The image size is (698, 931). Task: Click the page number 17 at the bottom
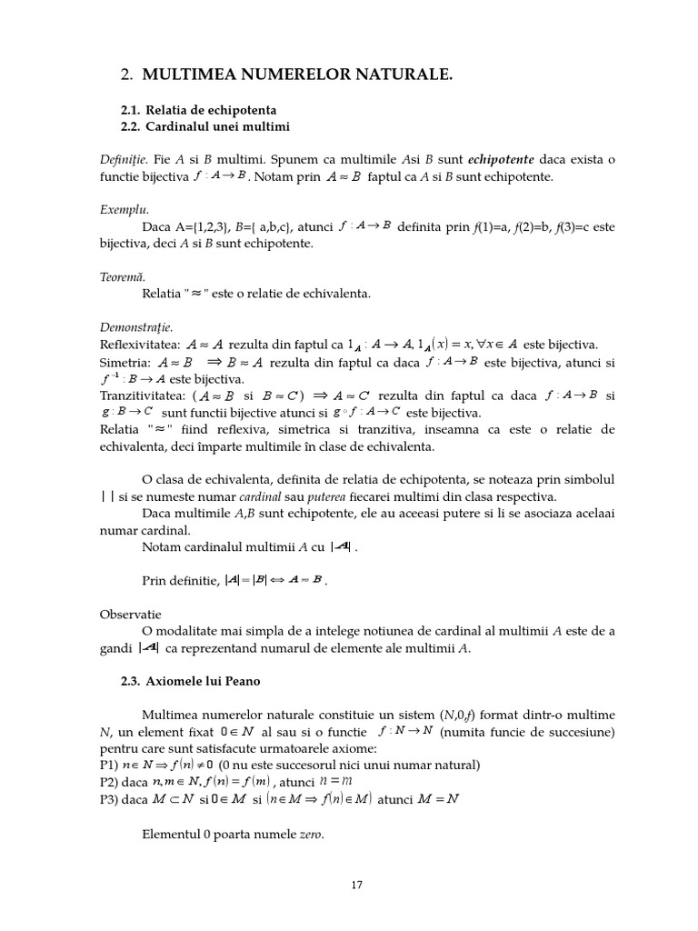click(356, 884)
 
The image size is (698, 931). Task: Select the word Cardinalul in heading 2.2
click(178, 125)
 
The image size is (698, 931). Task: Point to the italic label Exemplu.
click(125, 209)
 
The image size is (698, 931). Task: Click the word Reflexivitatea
click(139, 345)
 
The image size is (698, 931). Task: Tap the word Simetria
click(125, 362)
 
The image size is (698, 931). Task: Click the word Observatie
click(130, 615)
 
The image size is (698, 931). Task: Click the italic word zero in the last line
click(310, 834)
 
